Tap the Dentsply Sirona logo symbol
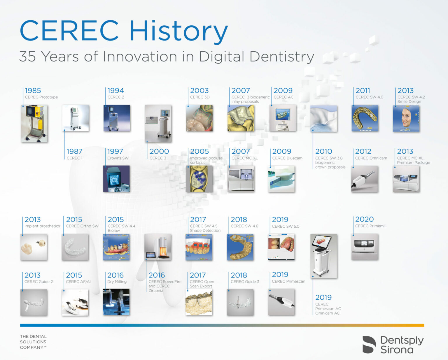coord(369,345)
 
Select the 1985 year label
coord(33,91)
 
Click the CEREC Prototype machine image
coord(34,124)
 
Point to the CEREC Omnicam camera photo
coord(365,179)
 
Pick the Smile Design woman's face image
coord(406,118)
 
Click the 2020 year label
coord(364,219)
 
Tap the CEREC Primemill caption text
coord(370,226)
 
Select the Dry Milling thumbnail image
coord(116,302)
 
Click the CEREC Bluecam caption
coord(287,158)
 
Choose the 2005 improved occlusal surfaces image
coord(199,179)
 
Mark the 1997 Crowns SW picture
coord(116,179)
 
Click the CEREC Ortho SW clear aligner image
coord(75,247)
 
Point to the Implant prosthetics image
coord(34,247)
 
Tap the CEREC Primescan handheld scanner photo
coord(281,302)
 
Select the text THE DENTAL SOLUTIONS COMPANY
coord(33,342)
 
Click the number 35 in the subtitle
coord(27,57)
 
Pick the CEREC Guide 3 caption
coord(245,282)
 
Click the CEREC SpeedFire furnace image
coord(158,247)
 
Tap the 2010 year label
coord(323,151)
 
